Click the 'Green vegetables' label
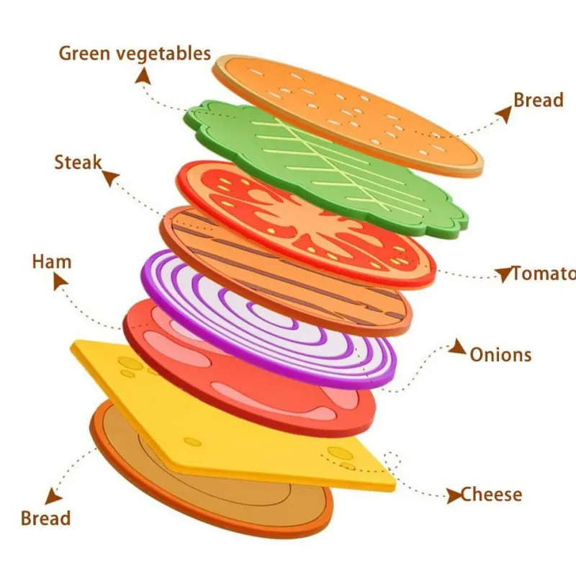(x=135, y=53)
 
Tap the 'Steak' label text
(x=78, y=163)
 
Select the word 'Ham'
(x=52, y=261)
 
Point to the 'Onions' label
(x=500, y=354)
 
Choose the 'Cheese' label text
(x=492, y=495)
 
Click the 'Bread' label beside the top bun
(x=538, y=100)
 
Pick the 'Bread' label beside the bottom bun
(x=45, y=518)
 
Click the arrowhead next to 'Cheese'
(x=454, y=495)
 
